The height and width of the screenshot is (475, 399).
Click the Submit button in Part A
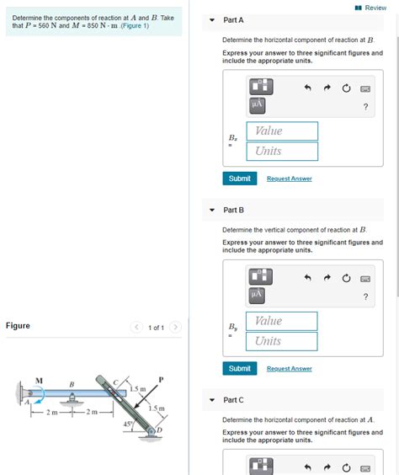239,179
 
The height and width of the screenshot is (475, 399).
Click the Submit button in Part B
239,368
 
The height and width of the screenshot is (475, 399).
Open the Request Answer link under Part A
289,179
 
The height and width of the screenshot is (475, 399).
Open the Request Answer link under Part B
289,368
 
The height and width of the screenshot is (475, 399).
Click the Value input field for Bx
282,131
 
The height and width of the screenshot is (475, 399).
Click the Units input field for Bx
282,151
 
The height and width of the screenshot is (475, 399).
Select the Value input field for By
282,321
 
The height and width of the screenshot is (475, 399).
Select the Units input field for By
282,341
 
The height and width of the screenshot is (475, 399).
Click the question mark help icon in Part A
364,106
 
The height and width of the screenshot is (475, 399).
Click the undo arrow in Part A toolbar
308,88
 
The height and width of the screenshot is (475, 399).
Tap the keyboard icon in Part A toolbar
365,88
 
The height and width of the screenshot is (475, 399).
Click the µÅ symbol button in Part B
257,294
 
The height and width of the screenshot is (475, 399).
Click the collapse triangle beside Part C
212,400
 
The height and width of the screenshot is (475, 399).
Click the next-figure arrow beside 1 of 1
175,327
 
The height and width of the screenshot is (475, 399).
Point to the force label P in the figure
160,380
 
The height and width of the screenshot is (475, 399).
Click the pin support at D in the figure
152,432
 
